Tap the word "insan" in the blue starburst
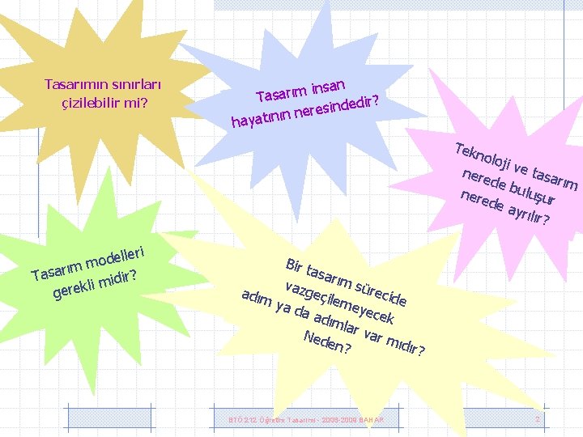tap(328, 85)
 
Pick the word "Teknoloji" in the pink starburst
tap(481, 157)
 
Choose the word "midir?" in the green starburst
tap(118, 278)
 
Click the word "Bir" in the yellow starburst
tap(294, 265)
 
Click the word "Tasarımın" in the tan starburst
tap(72, 84)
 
